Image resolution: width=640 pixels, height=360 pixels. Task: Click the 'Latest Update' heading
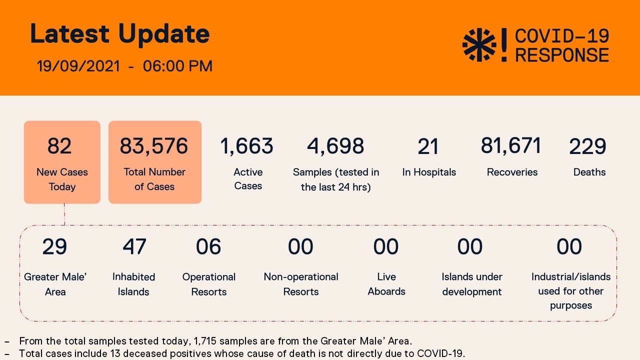tap(119, 34)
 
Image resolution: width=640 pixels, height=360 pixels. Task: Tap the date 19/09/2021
tap(78, 66)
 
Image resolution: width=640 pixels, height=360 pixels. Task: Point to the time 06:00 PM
tap(177, 66)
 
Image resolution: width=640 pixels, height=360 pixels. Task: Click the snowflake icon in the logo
tap(479, 45)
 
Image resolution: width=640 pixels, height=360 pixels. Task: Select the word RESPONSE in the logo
tap(562, 55)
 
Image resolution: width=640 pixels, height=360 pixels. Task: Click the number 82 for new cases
tap(60, 146)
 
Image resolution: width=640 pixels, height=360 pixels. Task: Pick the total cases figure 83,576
tap(154, 146)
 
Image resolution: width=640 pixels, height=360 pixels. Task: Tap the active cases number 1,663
tap(247, 146)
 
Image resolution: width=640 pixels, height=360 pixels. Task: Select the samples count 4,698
tap(335, 146)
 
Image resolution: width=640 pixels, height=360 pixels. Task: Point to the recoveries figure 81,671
tap(511, 146)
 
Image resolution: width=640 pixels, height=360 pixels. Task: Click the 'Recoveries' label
tap(512, 172)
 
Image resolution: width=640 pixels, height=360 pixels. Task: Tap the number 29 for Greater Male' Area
tap(54, 247)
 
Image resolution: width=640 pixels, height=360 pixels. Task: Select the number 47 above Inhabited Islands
tap(134, 247)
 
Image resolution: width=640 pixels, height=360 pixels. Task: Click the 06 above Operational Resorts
tap(208, 247)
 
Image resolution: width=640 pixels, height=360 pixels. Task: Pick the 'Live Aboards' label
tap(386, 284)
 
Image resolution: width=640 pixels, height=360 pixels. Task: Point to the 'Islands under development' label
tap(472, 284)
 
